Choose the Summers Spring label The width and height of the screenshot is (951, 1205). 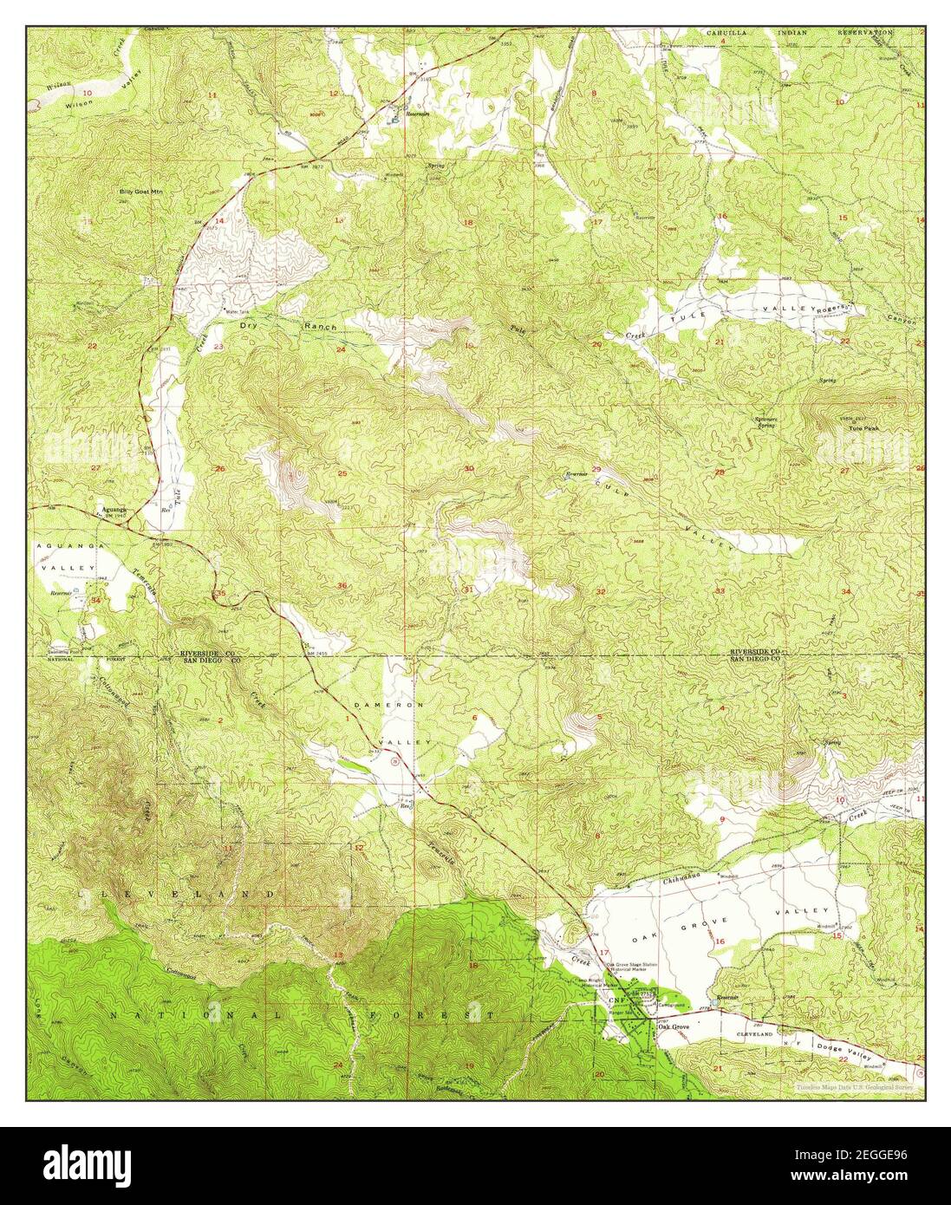(x=763, y=422)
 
